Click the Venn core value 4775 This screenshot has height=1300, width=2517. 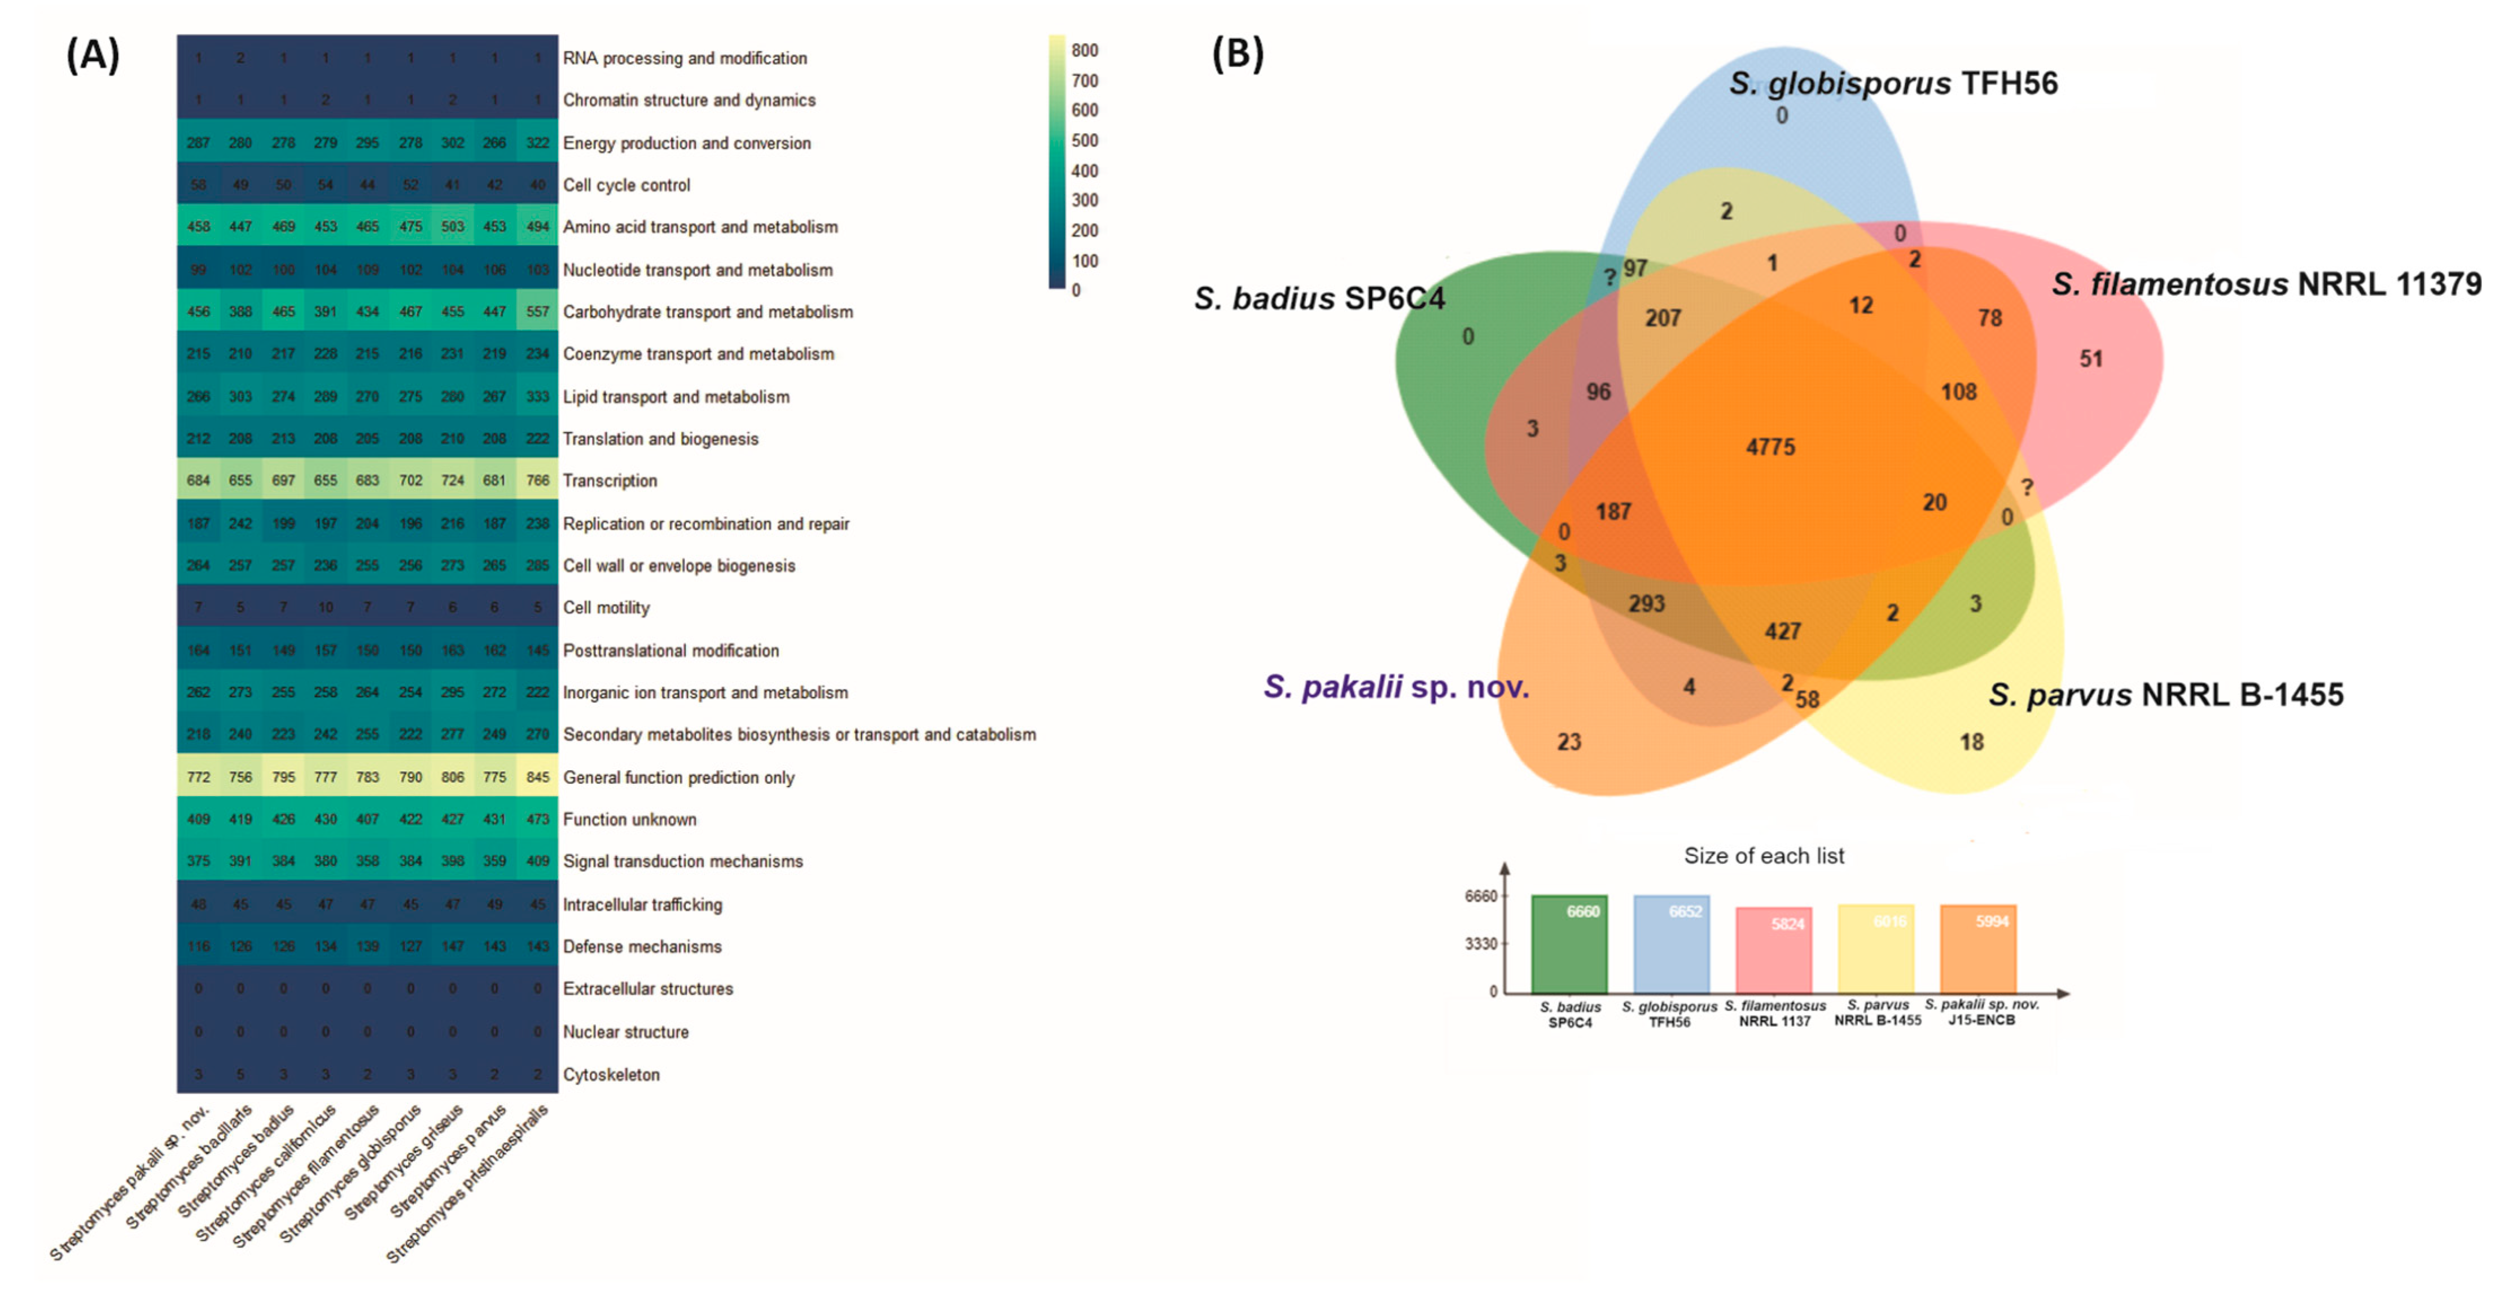point(1770,447)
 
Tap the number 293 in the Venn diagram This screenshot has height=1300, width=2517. point(1646,604)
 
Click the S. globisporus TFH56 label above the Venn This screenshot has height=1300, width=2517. point(1893,84)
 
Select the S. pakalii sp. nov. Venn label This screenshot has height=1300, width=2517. point(1395,688)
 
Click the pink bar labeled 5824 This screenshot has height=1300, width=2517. point(1773,950)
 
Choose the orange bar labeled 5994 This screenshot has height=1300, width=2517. point(1977,950)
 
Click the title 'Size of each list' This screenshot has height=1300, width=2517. point(1764,857)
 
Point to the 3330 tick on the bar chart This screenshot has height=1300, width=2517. point(1480,943)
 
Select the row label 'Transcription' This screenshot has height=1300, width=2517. point(609,481)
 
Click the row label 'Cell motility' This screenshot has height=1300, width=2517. point(606,608)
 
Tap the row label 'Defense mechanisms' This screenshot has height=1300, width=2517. point(642,946)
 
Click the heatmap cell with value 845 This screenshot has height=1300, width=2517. point(537,778)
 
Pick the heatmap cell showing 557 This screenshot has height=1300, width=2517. point(537,311)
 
